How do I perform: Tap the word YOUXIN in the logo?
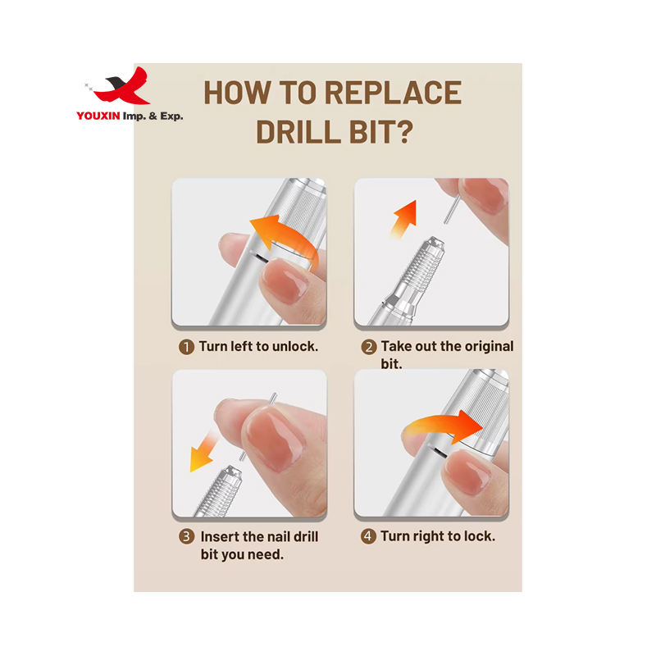pos(98,116)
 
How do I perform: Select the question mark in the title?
pos(403,131)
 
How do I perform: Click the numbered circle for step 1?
pos(187,347)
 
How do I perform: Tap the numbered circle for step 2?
pos(368,347)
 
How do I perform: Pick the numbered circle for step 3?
pos(187,537)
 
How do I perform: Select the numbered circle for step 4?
pos(368,536)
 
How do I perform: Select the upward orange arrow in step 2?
pos(404,219)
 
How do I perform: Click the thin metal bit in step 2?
pos(452,211)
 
